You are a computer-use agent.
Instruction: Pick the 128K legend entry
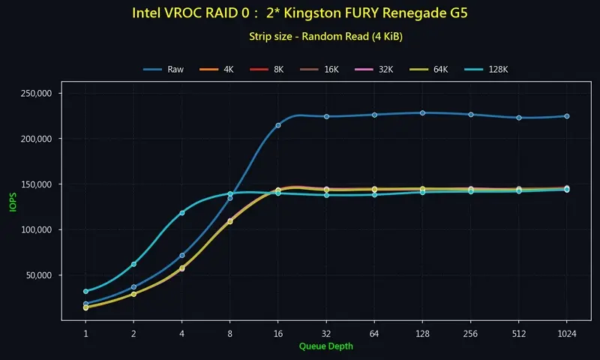pyautogui.click(x=487, y=70)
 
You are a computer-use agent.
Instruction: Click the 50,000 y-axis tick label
pyautogui.click(x=34, y=275)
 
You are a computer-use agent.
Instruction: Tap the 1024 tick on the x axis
pyautogui.click(x=566, y=332)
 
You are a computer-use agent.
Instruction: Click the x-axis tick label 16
pyautogui.click(x=278, y=332)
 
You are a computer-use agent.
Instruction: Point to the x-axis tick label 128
pyautogui.click(x=422, y=332)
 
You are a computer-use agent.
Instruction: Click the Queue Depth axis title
pyautogui.click(x=325, y=346)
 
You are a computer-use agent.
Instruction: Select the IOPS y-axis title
pyautogui.click(x=12, y=203)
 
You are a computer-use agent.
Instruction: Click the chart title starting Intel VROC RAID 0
pyautogui.click(x=303, y=13)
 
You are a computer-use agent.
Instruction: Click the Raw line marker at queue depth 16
pyautogui.click(x=278, y=125)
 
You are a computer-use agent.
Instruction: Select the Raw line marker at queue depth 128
pyautogui.click(x=422, y=113)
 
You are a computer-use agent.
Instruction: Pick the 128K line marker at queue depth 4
pyautogui.click(x=182, y=213)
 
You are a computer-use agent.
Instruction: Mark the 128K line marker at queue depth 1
pyautogui.click(x=85, y=291)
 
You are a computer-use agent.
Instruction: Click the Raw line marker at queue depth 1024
pyautogui.click(x=566, y=116)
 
